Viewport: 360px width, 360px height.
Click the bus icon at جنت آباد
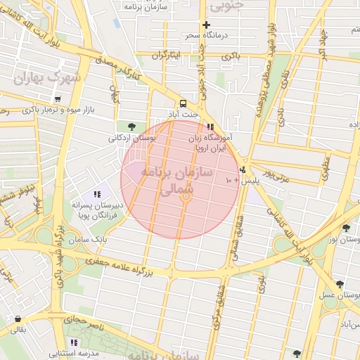tap(184, 102)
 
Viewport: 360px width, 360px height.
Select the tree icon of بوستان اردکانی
tap(131, 127)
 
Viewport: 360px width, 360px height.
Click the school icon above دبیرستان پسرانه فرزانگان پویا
tap(97, 193)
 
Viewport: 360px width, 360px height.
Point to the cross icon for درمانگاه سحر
tap(206, 25)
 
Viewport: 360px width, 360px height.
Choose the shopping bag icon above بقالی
tap(17, 318)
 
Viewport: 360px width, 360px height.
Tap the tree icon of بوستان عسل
tap(340, 285)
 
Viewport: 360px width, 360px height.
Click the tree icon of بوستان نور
tap(345, 227)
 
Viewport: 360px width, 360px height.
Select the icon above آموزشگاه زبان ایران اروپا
tap(210, 127)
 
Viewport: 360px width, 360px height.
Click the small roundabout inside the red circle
tap(186, 198)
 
